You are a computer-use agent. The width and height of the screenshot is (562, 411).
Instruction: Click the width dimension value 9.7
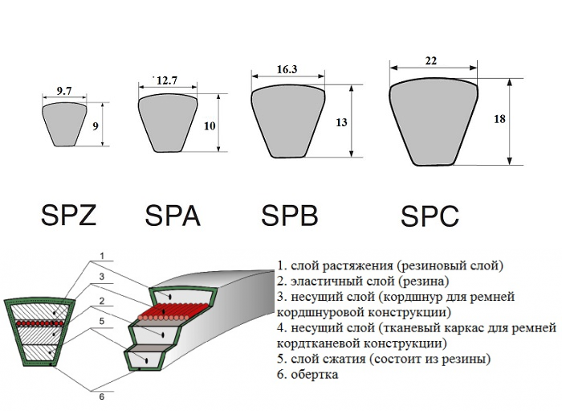[65, 92]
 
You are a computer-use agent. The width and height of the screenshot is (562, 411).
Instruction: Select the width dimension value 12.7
[167, 80]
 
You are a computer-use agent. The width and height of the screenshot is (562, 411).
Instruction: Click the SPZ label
[68, 215]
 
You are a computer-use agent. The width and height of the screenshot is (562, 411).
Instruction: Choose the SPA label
[173, 216]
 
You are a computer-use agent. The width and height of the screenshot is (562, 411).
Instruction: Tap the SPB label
[290, 216]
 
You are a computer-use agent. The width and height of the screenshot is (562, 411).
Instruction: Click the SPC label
[430, 216]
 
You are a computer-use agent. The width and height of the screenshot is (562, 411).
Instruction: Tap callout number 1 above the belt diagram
[102, 257]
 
